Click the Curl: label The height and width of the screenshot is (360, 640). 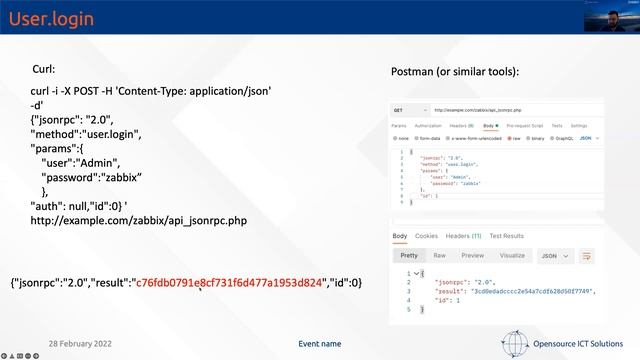tap(49, 69)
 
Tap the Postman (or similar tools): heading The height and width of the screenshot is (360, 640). tap(455, 72)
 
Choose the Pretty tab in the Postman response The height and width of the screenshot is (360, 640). tap(409, 255)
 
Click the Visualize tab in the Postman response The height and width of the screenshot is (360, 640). tap(511, 255)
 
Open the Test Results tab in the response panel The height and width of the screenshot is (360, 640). tap(506, 236)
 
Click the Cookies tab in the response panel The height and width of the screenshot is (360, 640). tap(426, 236)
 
